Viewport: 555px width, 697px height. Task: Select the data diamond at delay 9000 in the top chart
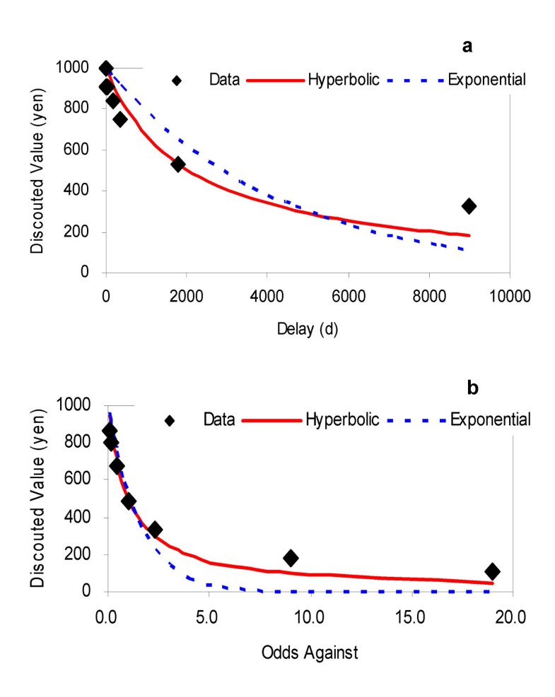coord(469,206)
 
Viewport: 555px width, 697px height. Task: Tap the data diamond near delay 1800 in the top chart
coord(178,164)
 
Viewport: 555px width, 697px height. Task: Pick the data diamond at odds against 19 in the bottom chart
coord(492,571)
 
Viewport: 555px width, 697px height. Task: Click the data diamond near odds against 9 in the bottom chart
coord(291,558)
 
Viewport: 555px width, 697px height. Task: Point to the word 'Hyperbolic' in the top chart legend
coord(344,80)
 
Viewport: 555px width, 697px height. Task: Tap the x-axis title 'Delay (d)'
coord(308,330)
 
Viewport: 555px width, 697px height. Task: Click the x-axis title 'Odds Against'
coord(308,652)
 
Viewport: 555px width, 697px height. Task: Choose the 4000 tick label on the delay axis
coord(267,297)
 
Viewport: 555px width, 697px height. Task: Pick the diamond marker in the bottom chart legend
coord(170,421)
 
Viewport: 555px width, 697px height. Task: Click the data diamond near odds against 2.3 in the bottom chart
coord(155,530)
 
